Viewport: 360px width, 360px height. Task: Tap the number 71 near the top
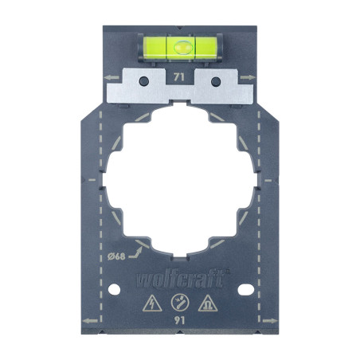179,76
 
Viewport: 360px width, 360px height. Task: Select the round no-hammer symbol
180,303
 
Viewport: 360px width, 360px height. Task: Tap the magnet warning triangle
208,303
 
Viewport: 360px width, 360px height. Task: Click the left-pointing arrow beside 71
110,77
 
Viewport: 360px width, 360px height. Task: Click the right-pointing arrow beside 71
249,77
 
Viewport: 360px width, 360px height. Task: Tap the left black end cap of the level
149,45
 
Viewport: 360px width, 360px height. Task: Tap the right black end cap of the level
210,45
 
